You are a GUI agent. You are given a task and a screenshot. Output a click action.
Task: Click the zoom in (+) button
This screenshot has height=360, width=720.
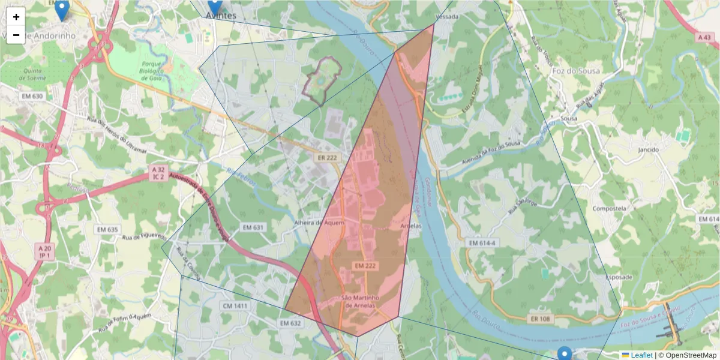pos(16,17)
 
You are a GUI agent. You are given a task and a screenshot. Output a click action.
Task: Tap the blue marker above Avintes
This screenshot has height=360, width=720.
pos(214,5)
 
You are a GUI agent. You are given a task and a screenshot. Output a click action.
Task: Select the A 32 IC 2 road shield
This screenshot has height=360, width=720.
pos(158,174)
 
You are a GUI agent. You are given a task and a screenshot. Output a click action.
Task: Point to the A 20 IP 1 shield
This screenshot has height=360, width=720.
pos(44,251)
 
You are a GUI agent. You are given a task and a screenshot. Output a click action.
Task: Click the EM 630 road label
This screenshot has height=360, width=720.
pos(32,96)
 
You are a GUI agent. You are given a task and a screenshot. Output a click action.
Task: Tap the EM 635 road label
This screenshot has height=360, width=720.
pos(107,229)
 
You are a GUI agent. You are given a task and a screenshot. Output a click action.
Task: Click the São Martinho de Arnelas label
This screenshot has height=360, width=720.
pos(361,301)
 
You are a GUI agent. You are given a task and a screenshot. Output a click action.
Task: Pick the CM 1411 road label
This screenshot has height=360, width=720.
pos(235,306)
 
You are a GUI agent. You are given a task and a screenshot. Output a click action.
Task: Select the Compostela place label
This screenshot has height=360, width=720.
pos(609,209)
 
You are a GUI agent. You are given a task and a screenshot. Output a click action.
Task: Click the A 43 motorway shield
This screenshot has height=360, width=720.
pos(704,37)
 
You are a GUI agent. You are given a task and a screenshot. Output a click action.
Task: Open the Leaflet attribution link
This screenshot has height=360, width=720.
pos(641,355)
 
